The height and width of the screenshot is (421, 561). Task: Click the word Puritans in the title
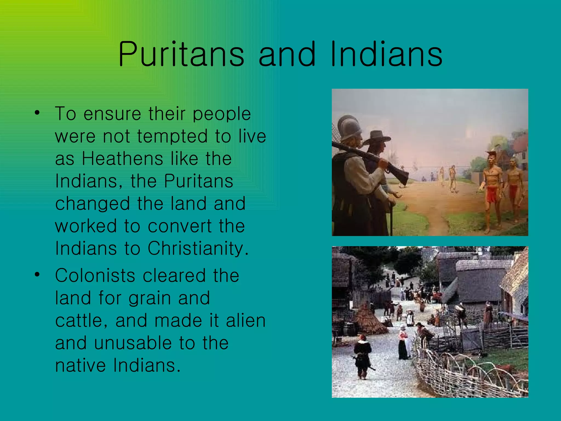[181, 54]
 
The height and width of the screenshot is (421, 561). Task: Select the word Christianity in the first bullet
[198, 248]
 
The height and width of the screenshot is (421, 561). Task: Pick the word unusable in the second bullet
[133, 343]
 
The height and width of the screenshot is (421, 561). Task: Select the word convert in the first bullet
[180, 226]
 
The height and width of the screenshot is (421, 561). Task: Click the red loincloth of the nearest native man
[492, 194]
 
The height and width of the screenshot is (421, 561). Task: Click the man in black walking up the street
[363, 356]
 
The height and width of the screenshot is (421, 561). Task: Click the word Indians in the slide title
[387, 54]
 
